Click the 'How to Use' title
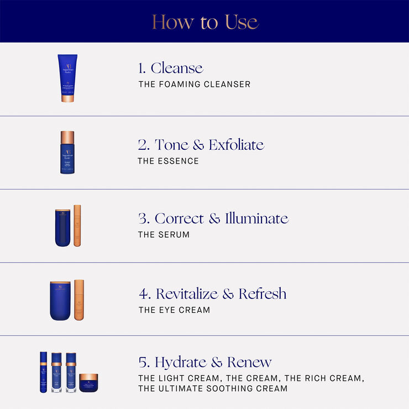tap(204, 22)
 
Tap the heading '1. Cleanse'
tap(171, 68)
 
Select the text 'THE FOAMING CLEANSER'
tap(194, 85)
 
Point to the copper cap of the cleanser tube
tap(68, 98)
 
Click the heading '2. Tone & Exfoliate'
tap(201, 145)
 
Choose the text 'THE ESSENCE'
tap(168, 161)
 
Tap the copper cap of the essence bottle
tap(67, 138)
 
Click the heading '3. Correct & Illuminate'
tap(213, 218)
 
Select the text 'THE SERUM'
tap(164, 234)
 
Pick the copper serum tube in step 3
tap(77, 226)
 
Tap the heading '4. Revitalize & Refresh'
tap(212, 293)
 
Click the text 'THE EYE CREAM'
tap(174, 310)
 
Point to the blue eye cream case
tap(60, 301)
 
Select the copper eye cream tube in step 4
tap(79, 300)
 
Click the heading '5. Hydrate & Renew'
tap(205, 363)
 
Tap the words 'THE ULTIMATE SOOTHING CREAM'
tap(213, 389)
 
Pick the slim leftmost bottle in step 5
tap(44, 372)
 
